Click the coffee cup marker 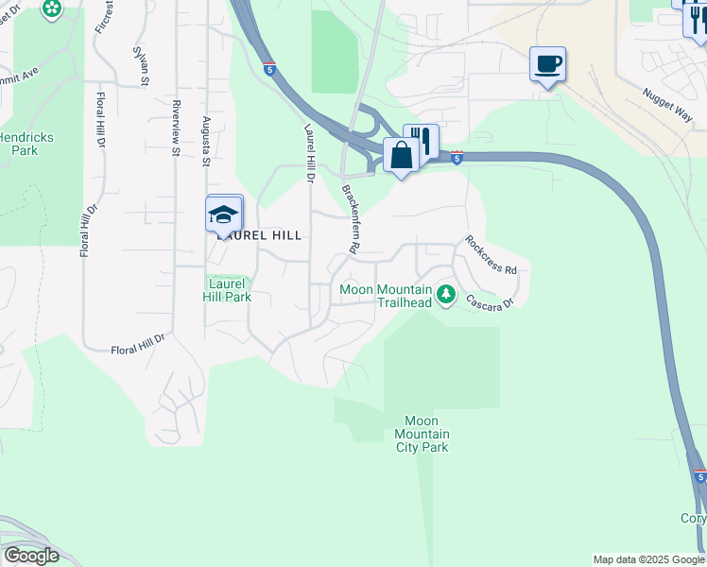[547, 64]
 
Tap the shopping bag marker [401, 155]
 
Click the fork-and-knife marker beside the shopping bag [422, 141]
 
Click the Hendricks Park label [26, 144]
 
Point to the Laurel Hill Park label [227, 289]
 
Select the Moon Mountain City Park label [421, 434]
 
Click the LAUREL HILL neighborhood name [260, 235]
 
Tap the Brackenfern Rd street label [352, 218]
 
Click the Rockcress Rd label [491, 255]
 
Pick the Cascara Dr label [489, 299]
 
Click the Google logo [31, 556]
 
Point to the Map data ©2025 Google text [647, 559]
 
